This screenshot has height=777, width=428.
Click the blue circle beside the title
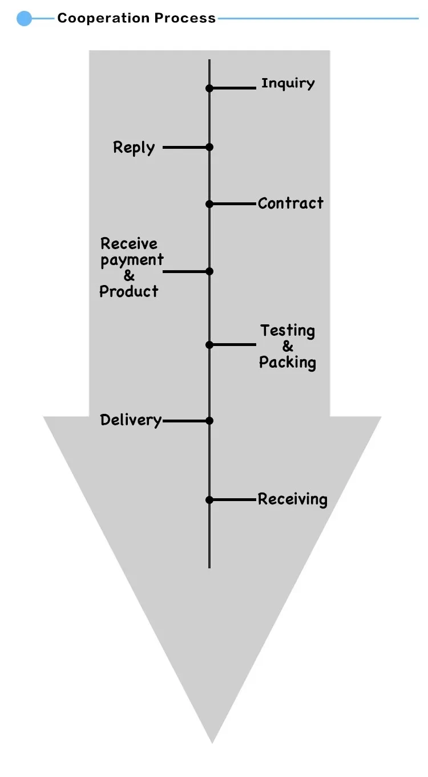24,19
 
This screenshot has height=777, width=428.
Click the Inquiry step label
288,83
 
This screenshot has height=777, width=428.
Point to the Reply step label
134,148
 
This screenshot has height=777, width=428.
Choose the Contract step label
290,203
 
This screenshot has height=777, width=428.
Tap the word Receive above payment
129,244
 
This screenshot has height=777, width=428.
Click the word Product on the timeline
129,291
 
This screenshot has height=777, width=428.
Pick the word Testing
288,331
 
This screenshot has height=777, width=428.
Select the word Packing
288,363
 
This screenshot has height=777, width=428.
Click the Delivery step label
131,420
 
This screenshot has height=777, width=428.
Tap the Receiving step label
292,499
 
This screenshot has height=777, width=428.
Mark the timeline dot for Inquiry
209,88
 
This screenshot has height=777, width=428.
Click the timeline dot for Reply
209,147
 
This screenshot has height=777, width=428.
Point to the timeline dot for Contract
209,204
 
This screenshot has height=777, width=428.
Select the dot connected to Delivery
209,421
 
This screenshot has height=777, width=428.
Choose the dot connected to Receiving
209,500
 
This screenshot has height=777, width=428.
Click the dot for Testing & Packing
209,344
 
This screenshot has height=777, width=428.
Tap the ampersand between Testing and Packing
288,347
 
